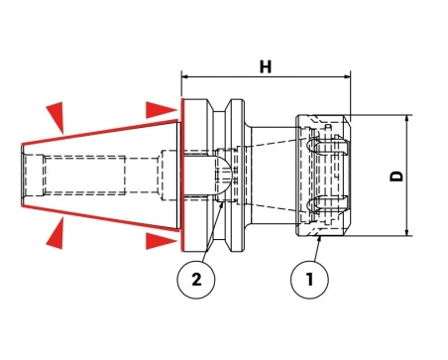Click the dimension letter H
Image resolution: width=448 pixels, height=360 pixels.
click(x=266, y=66)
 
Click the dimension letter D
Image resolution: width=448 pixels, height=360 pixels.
click(x=396, y=176)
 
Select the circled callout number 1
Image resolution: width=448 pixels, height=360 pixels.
click(x=309, y=280)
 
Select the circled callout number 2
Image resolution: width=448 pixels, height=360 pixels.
click(x=196, y=280)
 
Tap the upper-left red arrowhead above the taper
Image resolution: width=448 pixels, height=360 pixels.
click(x=56, y=116)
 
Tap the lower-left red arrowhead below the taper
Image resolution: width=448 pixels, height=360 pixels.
click(x=56, y=234)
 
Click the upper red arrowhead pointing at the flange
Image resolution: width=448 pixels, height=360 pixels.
click(x=161, y=110)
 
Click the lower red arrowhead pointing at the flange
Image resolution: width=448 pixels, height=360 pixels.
click(x=161, y=241)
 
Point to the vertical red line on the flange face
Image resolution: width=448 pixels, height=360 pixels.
click(x=181, y=175)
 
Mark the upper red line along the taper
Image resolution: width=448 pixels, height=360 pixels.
click(x=99, y=133)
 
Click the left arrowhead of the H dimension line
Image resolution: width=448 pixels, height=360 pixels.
click(x=184, y=76)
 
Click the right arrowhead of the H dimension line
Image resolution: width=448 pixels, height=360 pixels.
click(x=347, y=76)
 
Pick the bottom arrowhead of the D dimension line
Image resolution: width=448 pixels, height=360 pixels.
click(x=407, y=232)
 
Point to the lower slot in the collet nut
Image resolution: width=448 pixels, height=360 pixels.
click(x=328, y=203)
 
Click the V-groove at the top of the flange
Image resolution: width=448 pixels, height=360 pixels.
click(x=222, y=107)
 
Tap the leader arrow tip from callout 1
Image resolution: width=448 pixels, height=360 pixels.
click(x=320, y=238)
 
